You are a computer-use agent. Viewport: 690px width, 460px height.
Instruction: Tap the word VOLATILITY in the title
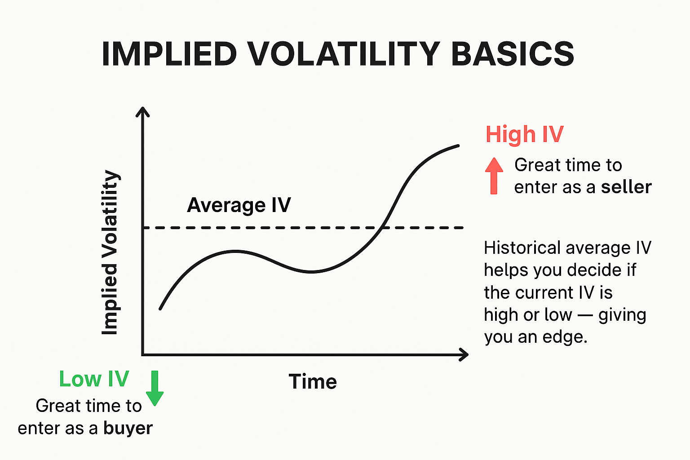(344, 54)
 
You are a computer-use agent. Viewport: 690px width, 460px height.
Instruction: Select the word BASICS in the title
(512, 54)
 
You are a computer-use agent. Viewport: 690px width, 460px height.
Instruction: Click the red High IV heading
(524, 134)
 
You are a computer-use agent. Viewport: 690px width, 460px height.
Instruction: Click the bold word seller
(626, 187)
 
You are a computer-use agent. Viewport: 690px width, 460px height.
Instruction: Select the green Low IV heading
(94, 379)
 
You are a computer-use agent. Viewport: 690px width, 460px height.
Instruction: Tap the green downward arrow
(155, 388)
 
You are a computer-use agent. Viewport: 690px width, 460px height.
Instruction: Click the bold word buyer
(128, 428)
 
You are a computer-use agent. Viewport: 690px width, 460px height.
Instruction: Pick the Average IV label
(239, 205)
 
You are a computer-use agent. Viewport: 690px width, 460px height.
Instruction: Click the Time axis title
(313, 382)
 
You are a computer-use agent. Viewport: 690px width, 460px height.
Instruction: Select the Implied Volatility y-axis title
(110, 252)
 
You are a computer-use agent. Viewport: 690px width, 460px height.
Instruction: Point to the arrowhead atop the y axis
(142, 111)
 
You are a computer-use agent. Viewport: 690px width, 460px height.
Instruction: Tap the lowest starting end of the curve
(160, 309)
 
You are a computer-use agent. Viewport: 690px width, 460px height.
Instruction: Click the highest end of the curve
(458, 146)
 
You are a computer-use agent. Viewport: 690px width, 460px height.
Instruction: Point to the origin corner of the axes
(143, 354)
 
